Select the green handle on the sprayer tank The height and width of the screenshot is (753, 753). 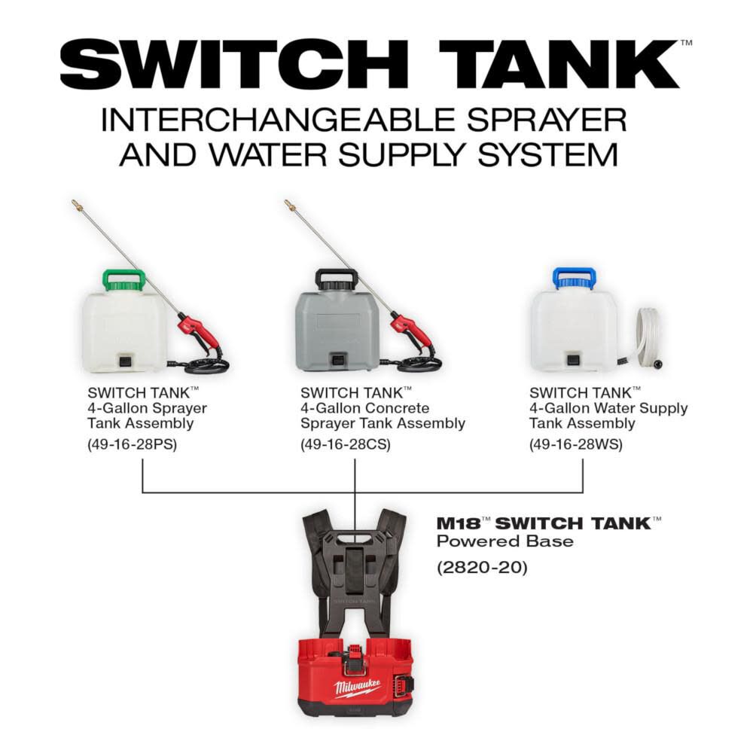point(123,280)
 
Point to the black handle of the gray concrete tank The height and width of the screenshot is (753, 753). point(336,279)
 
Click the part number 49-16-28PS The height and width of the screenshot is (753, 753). point(132,444)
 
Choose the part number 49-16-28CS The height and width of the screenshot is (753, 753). point(346,444)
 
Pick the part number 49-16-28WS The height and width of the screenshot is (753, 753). point(576,444)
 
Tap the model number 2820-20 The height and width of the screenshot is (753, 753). point(483,567)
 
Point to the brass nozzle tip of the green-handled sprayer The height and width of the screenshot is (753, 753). point(76,203)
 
